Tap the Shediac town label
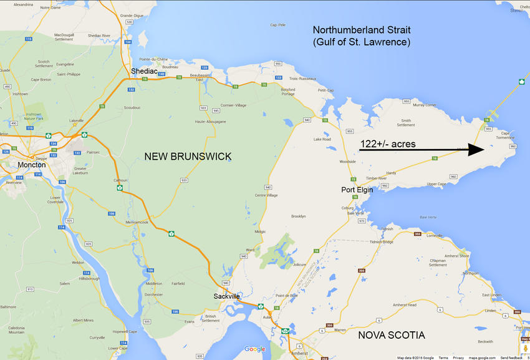click(x=143, y=71)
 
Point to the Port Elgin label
click(x=357, y=190)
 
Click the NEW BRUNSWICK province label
click(x=188, y=157)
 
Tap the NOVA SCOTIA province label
click(x=392, y=335)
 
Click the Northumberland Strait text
click(x=362, y=30)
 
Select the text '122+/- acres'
click(x=388, y=144)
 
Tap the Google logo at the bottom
click(x=254, y=349)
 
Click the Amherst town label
click(x=299, y=353)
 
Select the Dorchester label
click(x=154, y=294)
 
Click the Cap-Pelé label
click(x=277, y=25)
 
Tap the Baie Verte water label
click(x=428, y=217)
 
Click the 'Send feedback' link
click(x=511, y=358)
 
